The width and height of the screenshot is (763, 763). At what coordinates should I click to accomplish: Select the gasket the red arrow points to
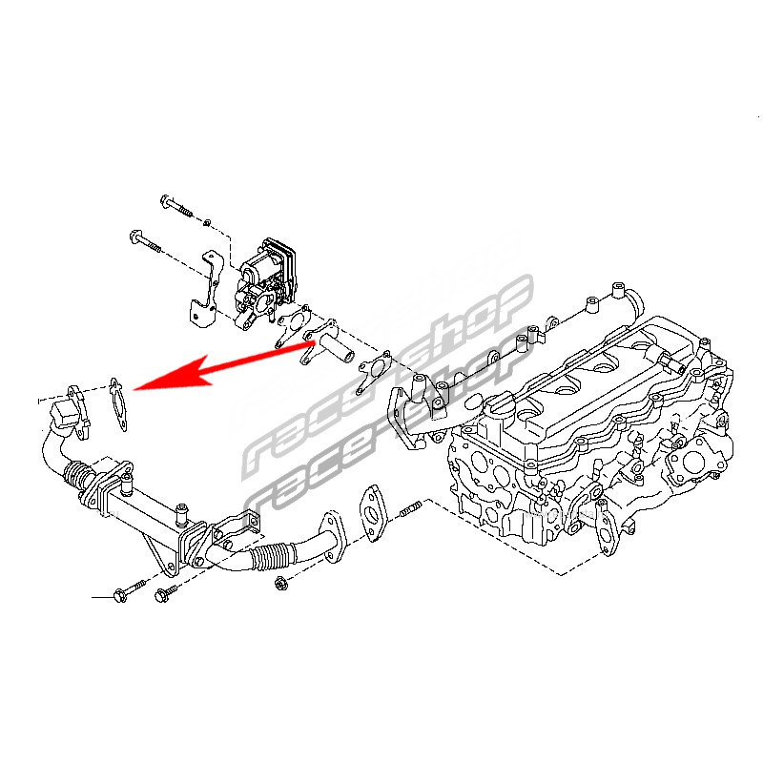tap(118, 403)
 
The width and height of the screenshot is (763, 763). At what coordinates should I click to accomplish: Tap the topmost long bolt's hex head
tap(165, 200)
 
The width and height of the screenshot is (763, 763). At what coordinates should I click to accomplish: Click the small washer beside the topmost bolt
tap(207, 222)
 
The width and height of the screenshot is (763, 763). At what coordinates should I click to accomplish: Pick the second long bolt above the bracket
tap(146, 242)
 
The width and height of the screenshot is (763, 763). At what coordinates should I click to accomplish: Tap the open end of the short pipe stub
tap(348, 359)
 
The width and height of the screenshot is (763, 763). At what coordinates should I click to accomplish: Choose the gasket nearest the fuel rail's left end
tap(375, 371)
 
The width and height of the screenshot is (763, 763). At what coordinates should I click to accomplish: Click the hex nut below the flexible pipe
tap(280, 583)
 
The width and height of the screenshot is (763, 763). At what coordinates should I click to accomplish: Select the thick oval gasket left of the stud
tap(373, 513)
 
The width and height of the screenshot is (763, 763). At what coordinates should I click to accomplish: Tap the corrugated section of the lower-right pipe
tap(273, 556)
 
